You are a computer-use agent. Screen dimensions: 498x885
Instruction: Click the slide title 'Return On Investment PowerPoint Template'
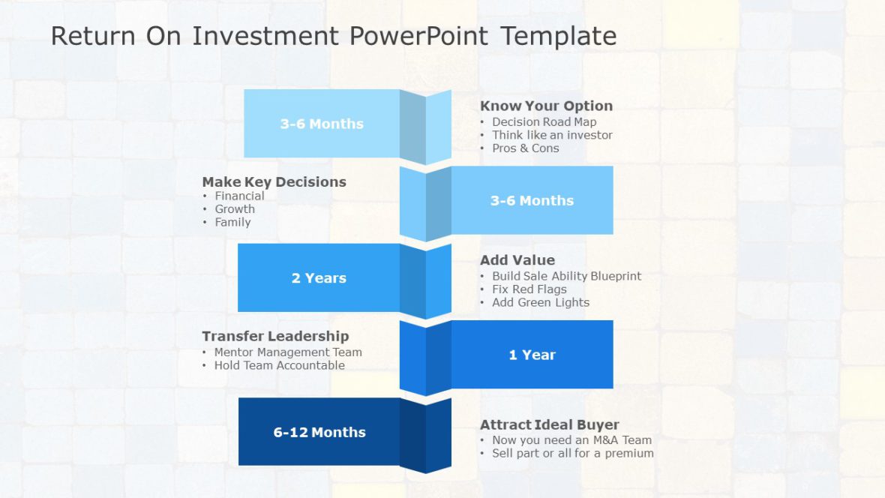334,36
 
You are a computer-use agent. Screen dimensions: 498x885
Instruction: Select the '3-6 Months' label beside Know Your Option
322,124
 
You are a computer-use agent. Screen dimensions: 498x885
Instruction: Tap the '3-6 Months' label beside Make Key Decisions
532,200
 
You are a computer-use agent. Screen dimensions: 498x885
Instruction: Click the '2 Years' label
319,277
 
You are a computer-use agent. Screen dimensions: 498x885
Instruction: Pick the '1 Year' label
532,355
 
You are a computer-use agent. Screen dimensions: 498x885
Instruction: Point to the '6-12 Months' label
319,432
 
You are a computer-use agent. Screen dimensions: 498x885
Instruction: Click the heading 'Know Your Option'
546,106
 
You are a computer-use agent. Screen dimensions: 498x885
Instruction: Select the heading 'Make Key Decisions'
274,181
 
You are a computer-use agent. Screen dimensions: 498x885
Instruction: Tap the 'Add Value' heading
517,260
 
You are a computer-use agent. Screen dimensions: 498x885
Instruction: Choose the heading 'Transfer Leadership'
275,336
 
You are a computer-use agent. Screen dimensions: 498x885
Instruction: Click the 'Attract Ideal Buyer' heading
550,424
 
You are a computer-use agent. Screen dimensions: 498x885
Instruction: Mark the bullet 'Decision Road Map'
544,121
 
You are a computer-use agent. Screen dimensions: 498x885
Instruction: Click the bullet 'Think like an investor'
552,135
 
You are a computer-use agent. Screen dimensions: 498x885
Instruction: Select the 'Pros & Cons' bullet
525,148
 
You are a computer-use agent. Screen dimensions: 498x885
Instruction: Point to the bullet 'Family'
232,222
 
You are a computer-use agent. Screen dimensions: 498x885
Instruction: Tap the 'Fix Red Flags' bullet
529,289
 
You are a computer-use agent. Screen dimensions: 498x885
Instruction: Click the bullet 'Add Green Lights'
540,302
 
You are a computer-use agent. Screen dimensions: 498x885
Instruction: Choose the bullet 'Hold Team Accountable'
279,365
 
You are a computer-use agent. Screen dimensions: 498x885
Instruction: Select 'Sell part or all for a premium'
572,453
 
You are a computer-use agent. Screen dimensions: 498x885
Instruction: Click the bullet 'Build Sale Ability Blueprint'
566,276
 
